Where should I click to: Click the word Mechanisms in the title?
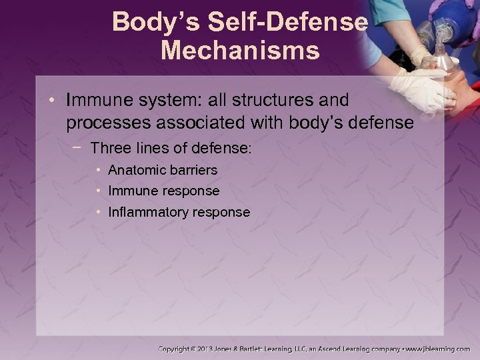tap(239, 50)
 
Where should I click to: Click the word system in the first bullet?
tap(163, 101)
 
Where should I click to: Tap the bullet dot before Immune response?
tap(99, 191)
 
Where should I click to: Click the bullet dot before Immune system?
tap(54, 101)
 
